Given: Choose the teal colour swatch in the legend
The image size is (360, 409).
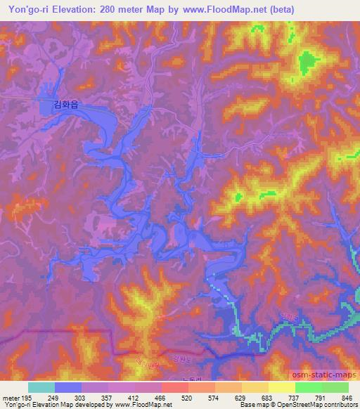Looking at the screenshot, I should point(41,387).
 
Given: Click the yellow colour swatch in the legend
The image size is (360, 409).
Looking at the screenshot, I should point(282,387).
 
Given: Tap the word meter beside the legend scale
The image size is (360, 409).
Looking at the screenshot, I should point(10,398).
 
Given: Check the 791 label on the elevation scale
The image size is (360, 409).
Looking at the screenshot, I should point(321,398).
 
